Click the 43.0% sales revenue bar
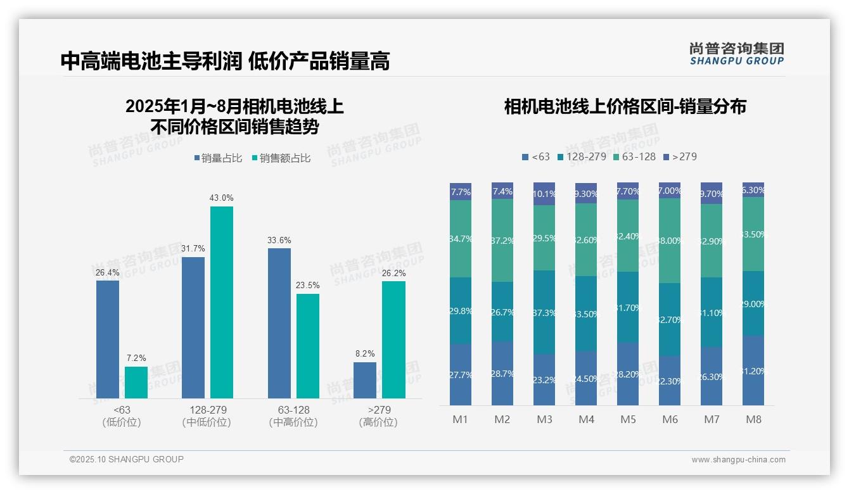pos(221,302)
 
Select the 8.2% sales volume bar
pos(364,380)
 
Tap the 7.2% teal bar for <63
pos(136,383)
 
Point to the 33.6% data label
pos(279,240)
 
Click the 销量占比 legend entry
pos(218,158)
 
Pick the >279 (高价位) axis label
pos(378,416)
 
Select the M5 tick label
pos(628,419)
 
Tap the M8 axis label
pos(753,419)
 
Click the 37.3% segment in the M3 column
pos(544,312)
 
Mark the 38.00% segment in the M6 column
pos(670,241)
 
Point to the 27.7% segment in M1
pos(461,374)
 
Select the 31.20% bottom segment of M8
pos(753,370)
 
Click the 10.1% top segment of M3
pos(544,194)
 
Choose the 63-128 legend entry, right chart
pos(634,156)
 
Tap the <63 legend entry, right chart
pos(536,156)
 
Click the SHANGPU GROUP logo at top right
pos(736,54)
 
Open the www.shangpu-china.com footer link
pos(738,460)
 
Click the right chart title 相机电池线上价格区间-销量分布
pos(625,106)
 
